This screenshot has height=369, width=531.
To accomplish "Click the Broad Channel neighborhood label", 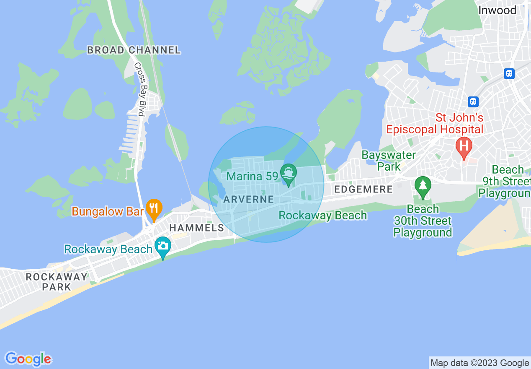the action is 134,50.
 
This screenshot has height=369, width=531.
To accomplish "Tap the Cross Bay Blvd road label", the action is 139,89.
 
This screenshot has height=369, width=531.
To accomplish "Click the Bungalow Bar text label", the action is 108,211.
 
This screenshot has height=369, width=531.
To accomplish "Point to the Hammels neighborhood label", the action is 196,228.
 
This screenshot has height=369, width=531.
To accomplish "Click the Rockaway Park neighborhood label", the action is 57,282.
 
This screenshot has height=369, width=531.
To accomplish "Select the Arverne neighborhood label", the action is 248,199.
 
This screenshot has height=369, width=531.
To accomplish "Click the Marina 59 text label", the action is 253,176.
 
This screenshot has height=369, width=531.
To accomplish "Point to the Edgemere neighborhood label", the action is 363,190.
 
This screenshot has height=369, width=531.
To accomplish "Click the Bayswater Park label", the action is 389,161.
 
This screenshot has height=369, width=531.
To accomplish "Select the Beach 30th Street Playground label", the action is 423,221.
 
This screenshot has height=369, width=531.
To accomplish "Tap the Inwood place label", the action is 497,10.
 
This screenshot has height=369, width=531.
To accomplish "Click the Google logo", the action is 28,359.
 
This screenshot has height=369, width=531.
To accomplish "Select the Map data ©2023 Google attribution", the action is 480,363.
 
